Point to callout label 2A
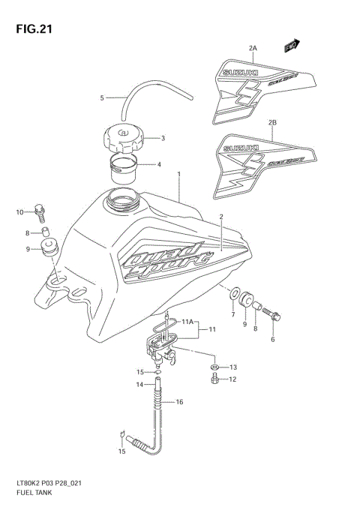tap(253, 48)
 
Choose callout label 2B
tap(272, 121)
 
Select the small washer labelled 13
tap(214, 367)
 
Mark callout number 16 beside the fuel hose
tap(179, 403)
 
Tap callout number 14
tap(139, 385)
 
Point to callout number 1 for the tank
tap(178, 175)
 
